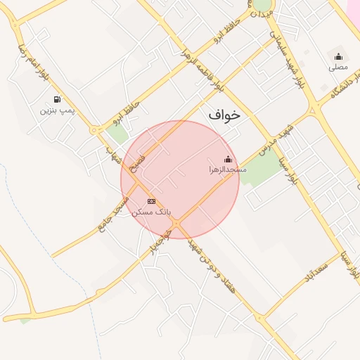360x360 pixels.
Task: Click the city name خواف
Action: tap(224, 114)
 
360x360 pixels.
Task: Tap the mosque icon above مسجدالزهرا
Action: tap(227, 159)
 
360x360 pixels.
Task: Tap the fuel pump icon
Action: tap(56, 99)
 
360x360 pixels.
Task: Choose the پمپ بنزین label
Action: tap(56, 110)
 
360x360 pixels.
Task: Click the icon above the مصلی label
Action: tap(338, 57)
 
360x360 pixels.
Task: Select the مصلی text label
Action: tap(338, 67)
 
